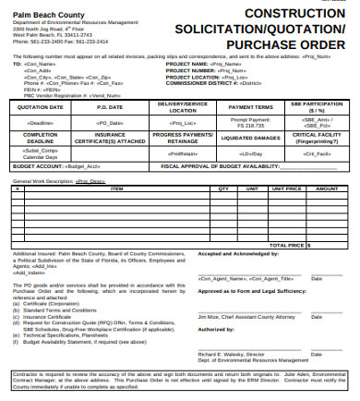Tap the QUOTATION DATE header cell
(x=40, y=106)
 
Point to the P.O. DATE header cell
(x=108, y=106)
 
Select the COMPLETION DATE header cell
(x=40, y=136)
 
